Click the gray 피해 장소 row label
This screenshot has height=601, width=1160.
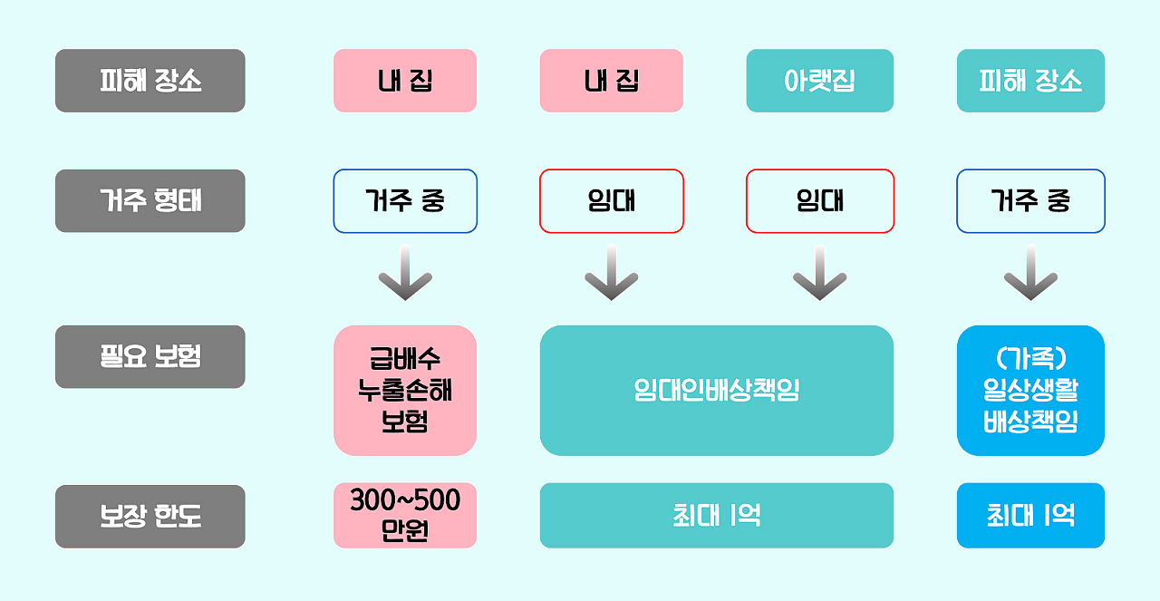[150, 81]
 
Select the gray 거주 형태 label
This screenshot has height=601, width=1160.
[150, 200]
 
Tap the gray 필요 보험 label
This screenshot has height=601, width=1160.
[150, 356]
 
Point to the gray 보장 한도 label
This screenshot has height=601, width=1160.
[150, 517]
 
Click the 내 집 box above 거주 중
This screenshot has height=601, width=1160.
[405, 81]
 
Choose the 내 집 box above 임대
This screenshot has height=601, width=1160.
[612, 81]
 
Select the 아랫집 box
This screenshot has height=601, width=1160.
[819, 81]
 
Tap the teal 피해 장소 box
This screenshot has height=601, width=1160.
[1030, 81]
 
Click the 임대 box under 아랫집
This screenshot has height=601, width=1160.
[819, 200]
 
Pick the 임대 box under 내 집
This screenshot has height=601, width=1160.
[612, 200]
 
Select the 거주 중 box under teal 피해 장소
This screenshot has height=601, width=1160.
[1030, 200]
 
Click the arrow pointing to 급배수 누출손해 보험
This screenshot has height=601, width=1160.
[405, 273]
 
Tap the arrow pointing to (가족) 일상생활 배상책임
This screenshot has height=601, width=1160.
[1030, 273]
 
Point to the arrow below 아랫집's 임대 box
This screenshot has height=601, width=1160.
[819, 273]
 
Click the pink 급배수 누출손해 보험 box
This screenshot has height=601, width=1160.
[405, 390]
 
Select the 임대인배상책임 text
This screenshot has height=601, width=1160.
[716, 390]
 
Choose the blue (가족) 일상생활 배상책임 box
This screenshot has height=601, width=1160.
[1030, 390]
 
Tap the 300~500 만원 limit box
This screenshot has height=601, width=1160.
[405, 515]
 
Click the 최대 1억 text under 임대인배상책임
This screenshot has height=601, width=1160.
[716, 515]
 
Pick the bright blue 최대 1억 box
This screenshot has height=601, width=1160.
[1030, 515]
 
